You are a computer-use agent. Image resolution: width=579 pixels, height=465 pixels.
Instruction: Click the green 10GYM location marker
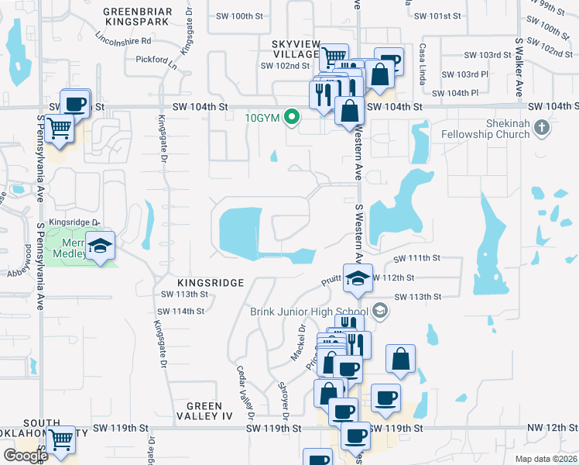point(292,118)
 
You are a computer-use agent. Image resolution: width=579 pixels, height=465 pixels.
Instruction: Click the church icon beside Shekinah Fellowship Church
point(543,128)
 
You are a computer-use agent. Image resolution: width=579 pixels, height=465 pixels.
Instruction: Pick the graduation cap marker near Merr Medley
point(100,246)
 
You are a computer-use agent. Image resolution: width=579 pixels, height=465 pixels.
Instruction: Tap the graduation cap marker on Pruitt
point(356,279)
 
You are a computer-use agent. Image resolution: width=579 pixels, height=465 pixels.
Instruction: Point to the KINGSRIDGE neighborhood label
point(200,283)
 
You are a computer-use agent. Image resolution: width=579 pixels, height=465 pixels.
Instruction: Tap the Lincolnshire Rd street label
point(122,39)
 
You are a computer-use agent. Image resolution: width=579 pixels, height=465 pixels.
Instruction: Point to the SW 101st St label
point(437,15)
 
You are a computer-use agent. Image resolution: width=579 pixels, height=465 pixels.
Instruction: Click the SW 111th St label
point(416,258)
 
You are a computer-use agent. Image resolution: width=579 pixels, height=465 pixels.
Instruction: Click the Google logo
point(26,456)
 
